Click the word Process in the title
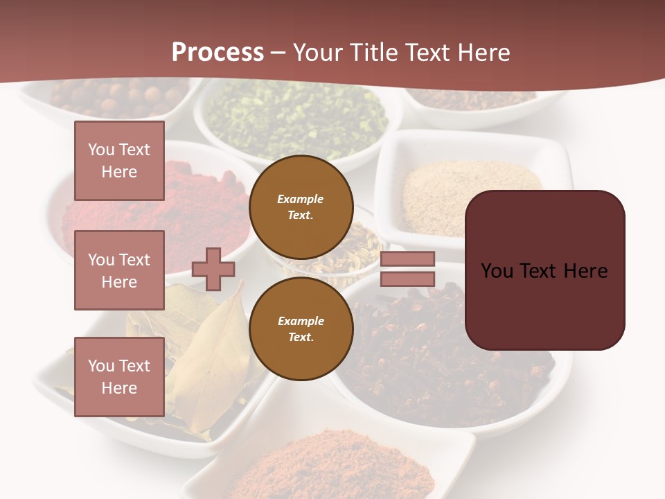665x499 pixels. pyautogui.click(x=218, y=53)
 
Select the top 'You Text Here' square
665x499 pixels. pyautogui.click(x=119, y=161)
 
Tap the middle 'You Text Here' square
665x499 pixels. pyautogui.click(x=119, y=270)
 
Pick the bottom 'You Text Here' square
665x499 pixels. pyautogui.click(x=119, y=376)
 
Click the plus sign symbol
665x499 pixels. pyautogui.click(x=213, y=269)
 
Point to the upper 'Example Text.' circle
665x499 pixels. pyautogui.click(x=301, y=207)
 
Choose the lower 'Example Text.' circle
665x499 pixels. pyautogui.click(x=301, y=329)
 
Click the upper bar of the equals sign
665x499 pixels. pyautogui.click(x=408, y=259)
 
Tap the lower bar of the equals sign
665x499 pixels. pyautogui.click(x=408, y=279)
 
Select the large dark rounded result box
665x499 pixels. pyautogui.click(x=544, y=270)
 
